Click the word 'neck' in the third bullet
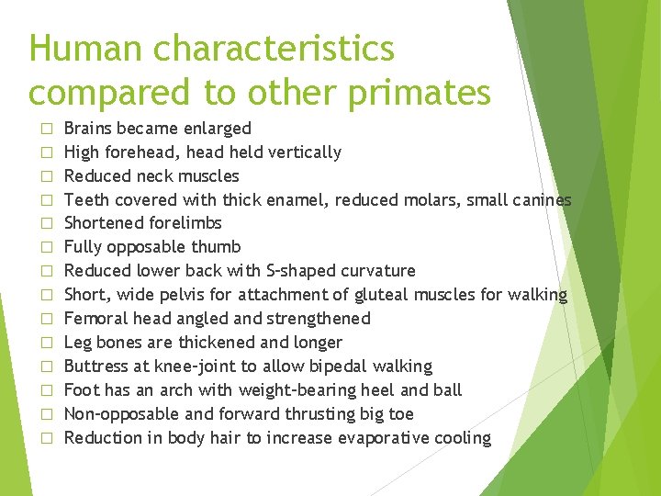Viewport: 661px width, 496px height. coord(158,175)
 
